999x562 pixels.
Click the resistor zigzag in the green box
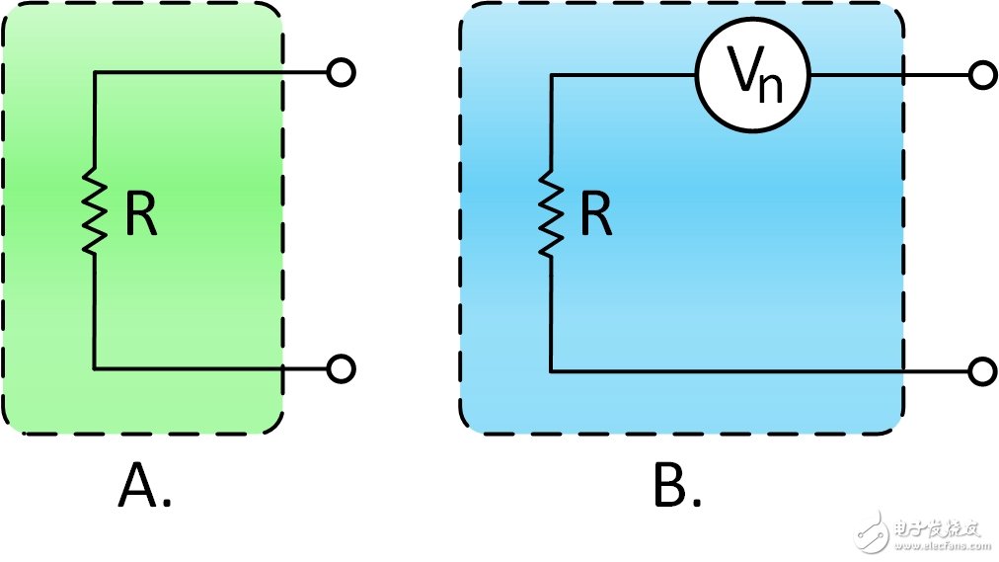(x=95, y=211)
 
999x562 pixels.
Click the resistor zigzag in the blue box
(x=551, y=213)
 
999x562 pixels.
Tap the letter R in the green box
(x=140, y=213)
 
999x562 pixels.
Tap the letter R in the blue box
(x=595, y=213)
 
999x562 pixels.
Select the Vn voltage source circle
(x=752, y=76)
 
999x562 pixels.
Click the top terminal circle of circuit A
(x=341, y=73)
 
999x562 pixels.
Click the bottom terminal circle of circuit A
(x=341, y=369)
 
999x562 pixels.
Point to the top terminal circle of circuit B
(x=983, y=76)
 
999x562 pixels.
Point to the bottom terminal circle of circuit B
(x=983, y=371)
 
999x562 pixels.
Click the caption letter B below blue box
(x=670, y=485)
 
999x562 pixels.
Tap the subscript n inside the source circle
(x=771, y=89)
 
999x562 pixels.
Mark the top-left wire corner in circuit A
(x=95, y=73)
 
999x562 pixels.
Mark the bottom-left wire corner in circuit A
(x=95, y=369)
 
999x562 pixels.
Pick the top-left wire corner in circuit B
(x=551, y=76)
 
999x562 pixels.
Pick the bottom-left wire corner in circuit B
(x=551, y=371)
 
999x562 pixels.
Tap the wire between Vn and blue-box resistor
(x=623, y=76)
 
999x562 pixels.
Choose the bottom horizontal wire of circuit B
(x=759, y=371)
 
